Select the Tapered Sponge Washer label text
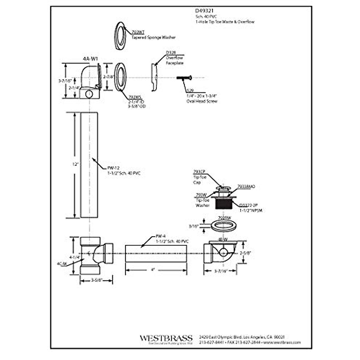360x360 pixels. (153, 37)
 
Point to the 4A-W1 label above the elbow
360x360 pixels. (90, 59)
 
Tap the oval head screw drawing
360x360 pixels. (184, 78)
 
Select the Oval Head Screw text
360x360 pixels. (202, 101)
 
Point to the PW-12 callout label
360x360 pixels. (113, 168)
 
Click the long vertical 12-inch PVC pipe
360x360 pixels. (89, 165)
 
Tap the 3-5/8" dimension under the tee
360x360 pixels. (97, 280)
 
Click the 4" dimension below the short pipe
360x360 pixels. (153, 270)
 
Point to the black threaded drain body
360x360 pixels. (222, 205)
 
